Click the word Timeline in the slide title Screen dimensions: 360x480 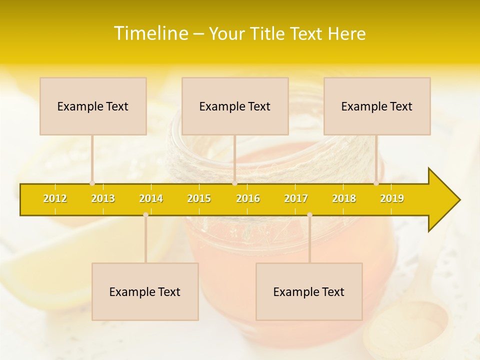tap(150, 33)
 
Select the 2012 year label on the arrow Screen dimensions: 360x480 tap(55, 198)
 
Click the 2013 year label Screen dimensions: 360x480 tap(103, 198)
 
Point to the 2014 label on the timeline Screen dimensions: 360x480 tap(151, 198)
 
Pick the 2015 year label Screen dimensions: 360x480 tap(199, 198)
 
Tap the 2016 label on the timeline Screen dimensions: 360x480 tap(248, 198)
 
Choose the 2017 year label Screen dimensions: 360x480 tap(296, 198)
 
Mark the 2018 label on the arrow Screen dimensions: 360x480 tap(344, 198)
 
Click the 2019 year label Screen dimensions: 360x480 tap(392, 198)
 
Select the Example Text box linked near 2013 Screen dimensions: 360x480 tap(93, 106)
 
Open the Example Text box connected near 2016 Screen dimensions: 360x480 tap(235, 106)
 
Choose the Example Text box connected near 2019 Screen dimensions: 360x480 tap(377, 106)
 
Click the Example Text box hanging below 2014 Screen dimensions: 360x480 tap(145, 291)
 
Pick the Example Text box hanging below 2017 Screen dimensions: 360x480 tap(309, 291)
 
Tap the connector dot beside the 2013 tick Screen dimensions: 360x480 tap(92, 183)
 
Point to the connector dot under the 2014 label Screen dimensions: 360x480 tap(145, 214)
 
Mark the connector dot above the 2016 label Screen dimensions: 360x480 tap(234, 183)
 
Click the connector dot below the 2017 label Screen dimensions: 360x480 tap(309, 214)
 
